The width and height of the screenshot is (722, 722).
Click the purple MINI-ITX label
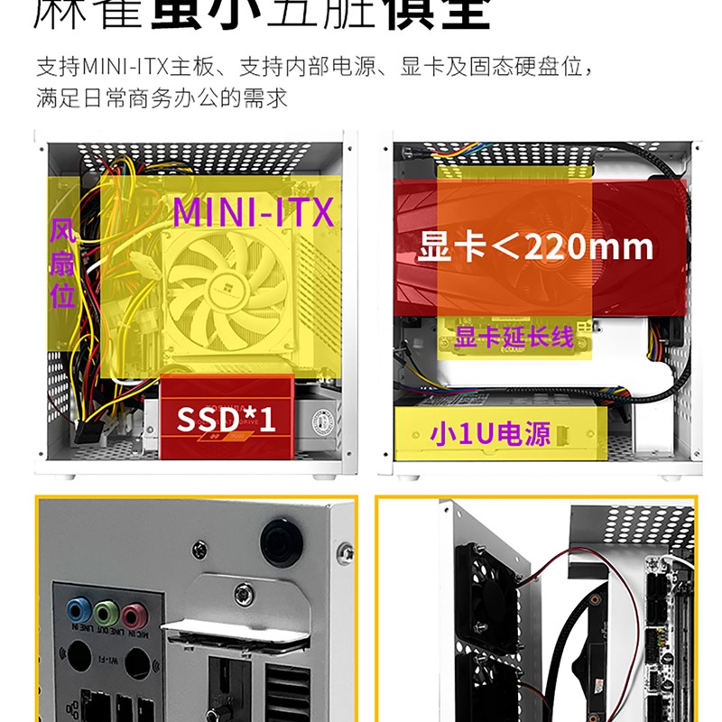pyautogui.click(x=253, y=212)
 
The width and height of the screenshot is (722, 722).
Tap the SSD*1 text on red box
pyautogui.click(x=226, y=420)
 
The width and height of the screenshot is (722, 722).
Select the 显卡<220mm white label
pyautogui.click(x=535, y=245)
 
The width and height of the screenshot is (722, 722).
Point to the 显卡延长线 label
pyautogui.click(x=514, y=338)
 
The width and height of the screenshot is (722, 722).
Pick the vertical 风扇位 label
pyautogui.click(x=62, y=263)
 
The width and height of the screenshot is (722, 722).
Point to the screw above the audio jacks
pyautogui.click(x=199, y=548)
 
